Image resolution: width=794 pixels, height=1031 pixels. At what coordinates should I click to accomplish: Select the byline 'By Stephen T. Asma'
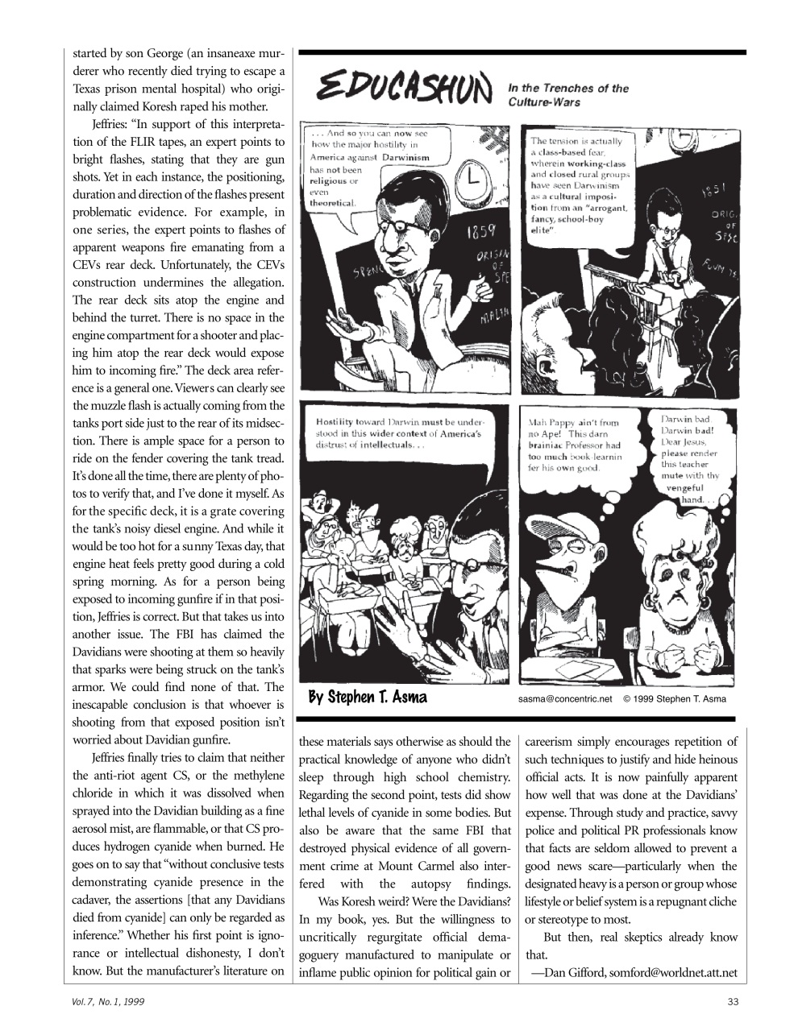tap(368, 697)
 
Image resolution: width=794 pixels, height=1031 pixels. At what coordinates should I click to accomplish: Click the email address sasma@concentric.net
tap(561, 698)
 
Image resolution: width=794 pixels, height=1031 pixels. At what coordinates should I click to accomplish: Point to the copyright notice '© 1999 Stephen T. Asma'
tap(674, 698)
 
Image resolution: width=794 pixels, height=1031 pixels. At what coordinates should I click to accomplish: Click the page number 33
tap(731, 1001)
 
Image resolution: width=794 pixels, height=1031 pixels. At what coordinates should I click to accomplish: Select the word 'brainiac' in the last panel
tap(551, 445)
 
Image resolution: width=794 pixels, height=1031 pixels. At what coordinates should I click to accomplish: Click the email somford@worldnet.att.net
tap(673, 972)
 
